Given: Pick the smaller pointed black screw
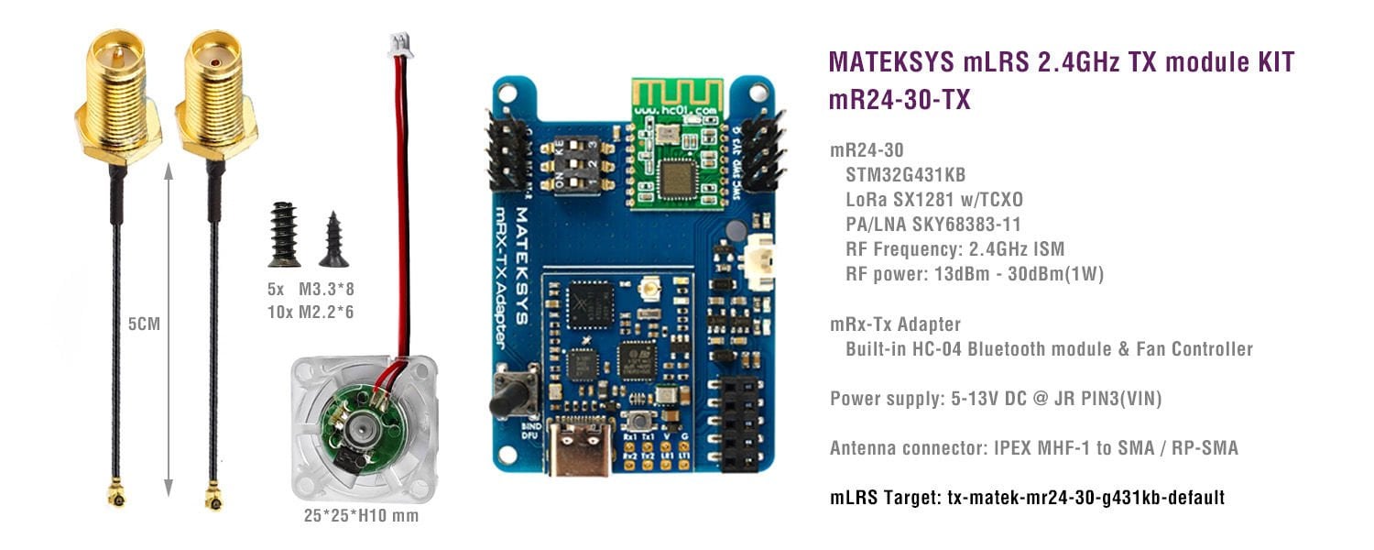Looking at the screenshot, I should coord(333,239).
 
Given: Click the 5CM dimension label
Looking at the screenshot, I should coord(144,324).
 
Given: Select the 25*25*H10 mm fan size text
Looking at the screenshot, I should coord(362,516).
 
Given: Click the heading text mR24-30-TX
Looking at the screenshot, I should coord(899,100).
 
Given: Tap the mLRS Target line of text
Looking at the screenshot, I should coord(1027,498).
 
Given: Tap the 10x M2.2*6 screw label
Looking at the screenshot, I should coord(311,312).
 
